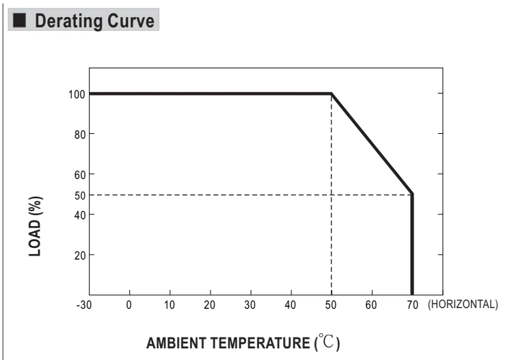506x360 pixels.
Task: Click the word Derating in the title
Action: [x=69, y=21]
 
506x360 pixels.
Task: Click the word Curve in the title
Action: [x=131, y=21]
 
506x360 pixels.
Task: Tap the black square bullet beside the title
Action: [x=19, y=20]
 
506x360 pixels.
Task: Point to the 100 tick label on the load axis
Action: [x=77, y=94]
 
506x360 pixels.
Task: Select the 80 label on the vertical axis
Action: [x=80, y=135]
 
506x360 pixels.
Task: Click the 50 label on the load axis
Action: [x=80, y=195]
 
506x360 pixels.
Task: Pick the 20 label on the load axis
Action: [x=80, y=255]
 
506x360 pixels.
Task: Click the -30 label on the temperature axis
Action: [x=84, y=305]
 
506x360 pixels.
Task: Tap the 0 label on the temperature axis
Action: [x=129, y=305]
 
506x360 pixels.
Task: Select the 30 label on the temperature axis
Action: [x=250, y=305]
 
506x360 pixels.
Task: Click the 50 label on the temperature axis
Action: [x=331, y=305]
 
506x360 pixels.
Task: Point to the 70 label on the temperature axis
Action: [x=412, y=305]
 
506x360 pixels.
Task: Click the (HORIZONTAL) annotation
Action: [x=463, y=304]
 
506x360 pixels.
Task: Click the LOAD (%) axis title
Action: [x=36, y=226]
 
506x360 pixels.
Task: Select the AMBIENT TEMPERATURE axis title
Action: [x=228, y=343]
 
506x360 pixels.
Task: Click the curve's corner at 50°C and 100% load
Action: [x=332, y=94]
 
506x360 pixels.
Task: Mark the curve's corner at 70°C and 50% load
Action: [x=412, y=194]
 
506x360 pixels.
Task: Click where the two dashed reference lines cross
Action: [x=332, y=195]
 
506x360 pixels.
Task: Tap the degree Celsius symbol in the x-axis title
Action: [x=327, y=341]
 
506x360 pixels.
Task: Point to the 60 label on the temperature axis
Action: [x=371, y=305]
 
